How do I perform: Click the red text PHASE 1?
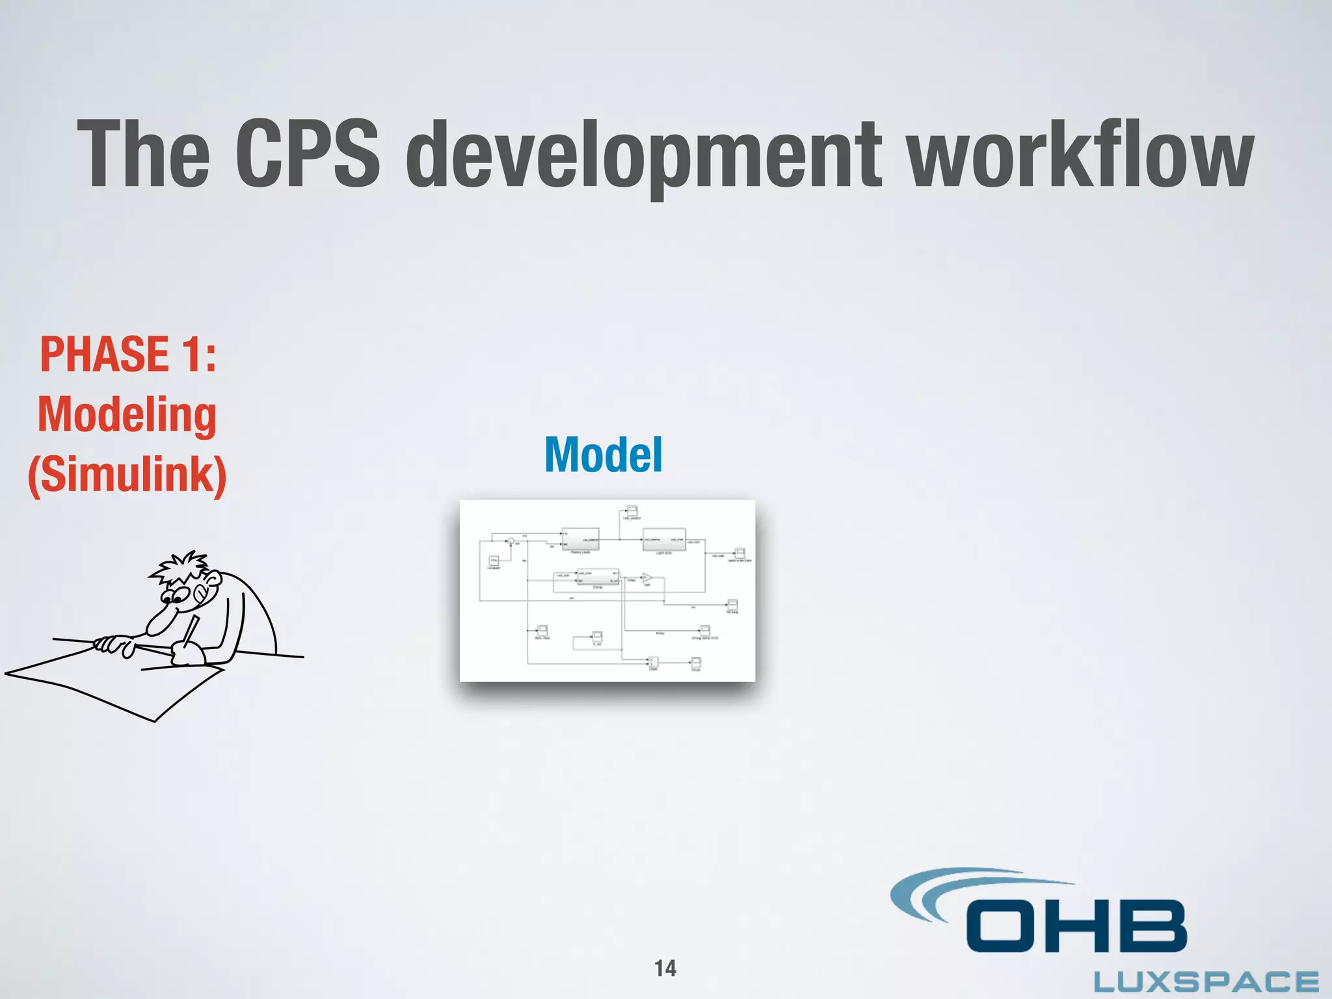point(128,355)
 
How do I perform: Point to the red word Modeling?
point(127,416)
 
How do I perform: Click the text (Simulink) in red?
point(127,475)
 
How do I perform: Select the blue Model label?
point(603,455)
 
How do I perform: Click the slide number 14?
point(665,968)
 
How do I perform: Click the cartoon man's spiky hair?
point(179,568)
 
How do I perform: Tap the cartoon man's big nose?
point(159,622)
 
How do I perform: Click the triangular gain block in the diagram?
point(646,578)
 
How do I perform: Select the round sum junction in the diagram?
point(511,540)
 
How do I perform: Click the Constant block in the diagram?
point(494,560)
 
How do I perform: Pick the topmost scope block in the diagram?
point(632,511)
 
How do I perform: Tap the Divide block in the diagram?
point(653,662)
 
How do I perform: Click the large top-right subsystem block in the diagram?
point(664,540)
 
